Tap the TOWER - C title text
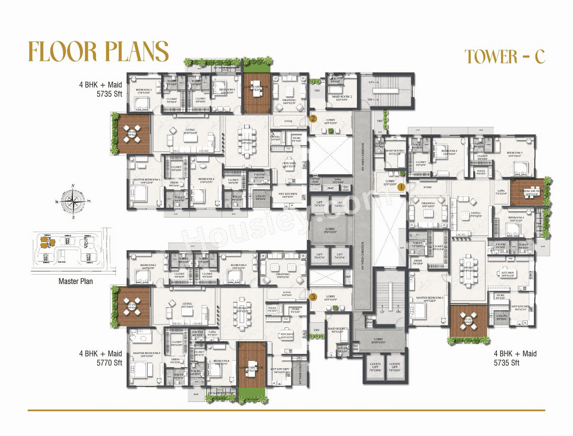coord(505,57)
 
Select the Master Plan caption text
coord(76,281)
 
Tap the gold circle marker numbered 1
coord(401,187)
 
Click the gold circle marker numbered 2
coord(313,119)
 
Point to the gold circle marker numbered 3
coord(313,297)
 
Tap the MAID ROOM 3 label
coord(337,330)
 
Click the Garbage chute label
coord(315,181)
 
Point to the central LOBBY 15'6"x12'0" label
coord(330,230)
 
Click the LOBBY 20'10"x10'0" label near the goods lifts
coord(378,341)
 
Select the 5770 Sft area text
coord(109,363)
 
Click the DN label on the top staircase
coord(370,99)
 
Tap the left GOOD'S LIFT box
coord(375,367)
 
